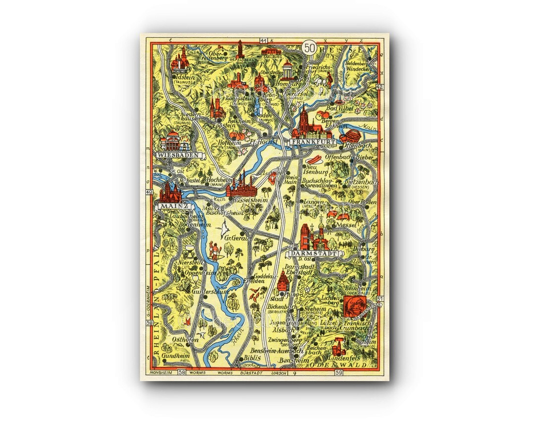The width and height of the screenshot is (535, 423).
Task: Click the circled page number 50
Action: [x=310, y=48]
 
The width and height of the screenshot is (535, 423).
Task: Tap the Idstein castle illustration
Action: [x=180, y=60]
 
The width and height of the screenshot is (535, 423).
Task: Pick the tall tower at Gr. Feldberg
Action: [x=240, y=49]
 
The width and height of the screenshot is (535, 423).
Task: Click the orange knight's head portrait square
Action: [x=352, y=305]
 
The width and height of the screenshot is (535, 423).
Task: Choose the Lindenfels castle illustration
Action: [x=339, y=345]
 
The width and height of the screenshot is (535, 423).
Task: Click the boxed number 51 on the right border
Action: [x=380, y=299]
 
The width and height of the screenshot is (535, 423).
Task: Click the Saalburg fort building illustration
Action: [x=271, y=51]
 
